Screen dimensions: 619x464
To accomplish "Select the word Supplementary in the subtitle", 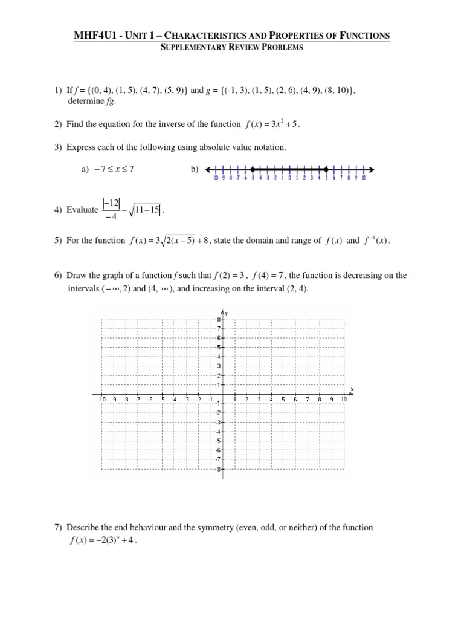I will [188, 48].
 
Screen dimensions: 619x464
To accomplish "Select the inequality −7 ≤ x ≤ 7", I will [108, 170].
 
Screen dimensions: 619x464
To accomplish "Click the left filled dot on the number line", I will [252, 169].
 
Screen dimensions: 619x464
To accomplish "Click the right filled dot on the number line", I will [327, 169].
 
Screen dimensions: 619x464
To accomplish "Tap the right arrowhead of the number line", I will [370, 169].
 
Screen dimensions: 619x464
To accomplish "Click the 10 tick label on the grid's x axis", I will [344, 400].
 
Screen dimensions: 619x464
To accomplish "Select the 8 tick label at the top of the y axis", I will [219, 319].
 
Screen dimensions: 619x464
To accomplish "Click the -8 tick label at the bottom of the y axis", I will [218, 468].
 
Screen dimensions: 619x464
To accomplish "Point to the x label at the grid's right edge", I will [352, 388].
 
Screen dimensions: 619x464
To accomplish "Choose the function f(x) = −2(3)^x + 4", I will [103, 540].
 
